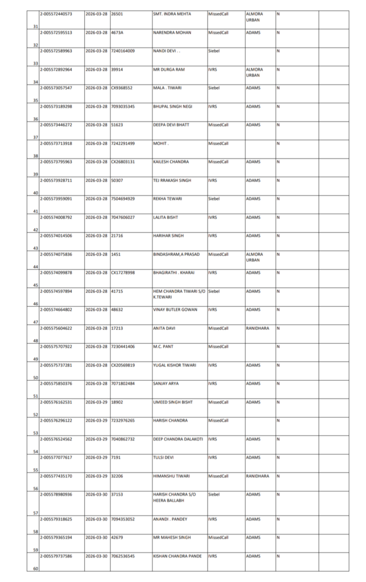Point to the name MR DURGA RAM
click(169, 69)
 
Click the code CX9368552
click(122, 88)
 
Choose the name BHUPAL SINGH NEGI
click(173, 106)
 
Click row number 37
click(35, 138)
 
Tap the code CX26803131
click(123, 162)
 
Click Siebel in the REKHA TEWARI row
click(214, 199)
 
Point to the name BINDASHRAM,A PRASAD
click(177, 254)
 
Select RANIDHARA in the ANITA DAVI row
click(257, 328)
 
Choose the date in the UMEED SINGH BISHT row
click(97, 402)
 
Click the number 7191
click(117, 457)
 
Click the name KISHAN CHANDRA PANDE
click(177, 555)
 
